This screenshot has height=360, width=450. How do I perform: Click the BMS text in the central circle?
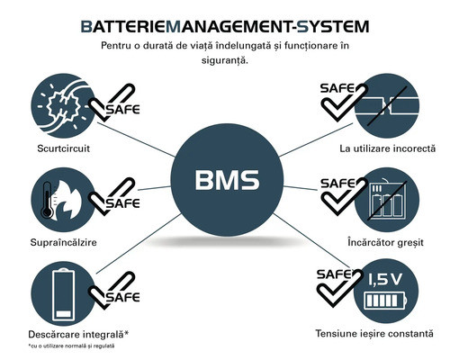click(x=227, y=180)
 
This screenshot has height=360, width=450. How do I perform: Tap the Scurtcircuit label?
click(x=64, y=148)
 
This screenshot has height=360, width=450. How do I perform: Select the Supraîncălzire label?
click(x=64, y=242)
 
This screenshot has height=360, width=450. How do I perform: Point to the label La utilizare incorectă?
click(x=387, y=148)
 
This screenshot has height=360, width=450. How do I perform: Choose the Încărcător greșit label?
click(x=385, y=242)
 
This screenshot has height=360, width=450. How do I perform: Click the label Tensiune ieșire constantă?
click(x=374, y=334)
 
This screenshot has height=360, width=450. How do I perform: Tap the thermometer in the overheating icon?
click(x=47, y=200)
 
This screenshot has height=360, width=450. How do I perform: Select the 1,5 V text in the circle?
click(x=385, y=280)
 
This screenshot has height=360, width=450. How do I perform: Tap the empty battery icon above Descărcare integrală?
click(x=63, y=294)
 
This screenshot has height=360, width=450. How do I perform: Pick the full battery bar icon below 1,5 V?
click(x=385, y=301)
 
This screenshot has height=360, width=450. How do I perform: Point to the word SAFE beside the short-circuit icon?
click(x=123, y=109)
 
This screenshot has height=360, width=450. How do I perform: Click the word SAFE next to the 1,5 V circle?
click(x=334, y=274)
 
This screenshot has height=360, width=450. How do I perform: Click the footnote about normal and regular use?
click(x=71, y=346)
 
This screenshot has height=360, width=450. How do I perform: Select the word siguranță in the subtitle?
click(x=225, y=60)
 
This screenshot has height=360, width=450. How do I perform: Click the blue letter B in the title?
click(x=86, y=26)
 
